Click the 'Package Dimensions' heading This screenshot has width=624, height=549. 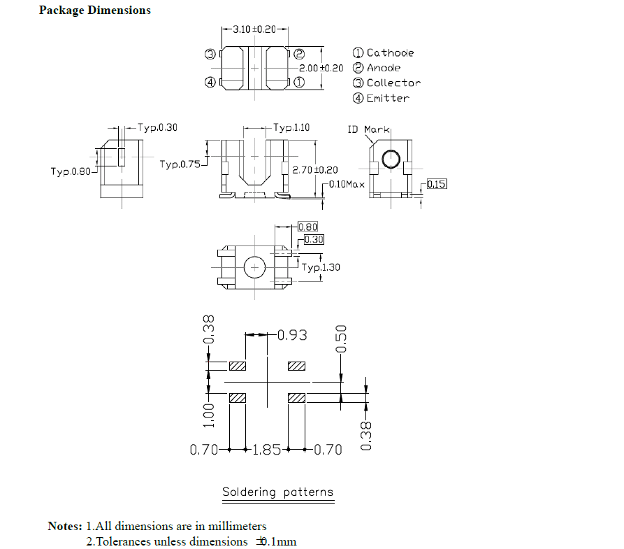point(94,10)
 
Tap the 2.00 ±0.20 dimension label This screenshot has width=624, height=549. point(321,68)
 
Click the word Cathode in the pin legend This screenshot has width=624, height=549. point(390,53)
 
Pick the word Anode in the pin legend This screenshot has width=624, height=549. point(384,68)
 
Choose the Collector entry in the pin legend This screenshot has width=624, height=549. point(393,83)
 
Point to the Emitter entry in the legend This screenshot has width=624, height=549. point(388,99)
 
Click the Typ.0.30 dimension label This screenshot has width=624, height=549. point(157,127)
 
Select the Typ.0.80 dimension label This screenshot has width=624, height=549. point(71,171)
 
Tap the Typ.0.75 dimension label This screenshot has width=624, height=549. point(180,164)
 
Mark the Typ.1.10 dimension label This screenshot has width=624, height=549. point(291,127)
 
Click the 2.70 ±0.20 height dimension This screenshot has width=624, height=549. point(314,170)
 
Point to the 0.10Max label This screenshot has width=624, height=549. point(347,184)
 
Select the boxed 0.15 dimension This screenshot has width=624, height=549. point(436,184)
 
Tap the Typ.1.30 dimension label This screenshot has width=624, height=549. point(321,267)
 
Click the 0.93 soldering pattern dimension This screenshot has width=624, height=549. point(292,335)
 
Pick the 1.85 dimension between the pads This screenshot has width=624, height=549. point(267,450)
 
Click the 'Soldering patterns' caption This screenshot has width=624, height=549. point(277,492)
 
